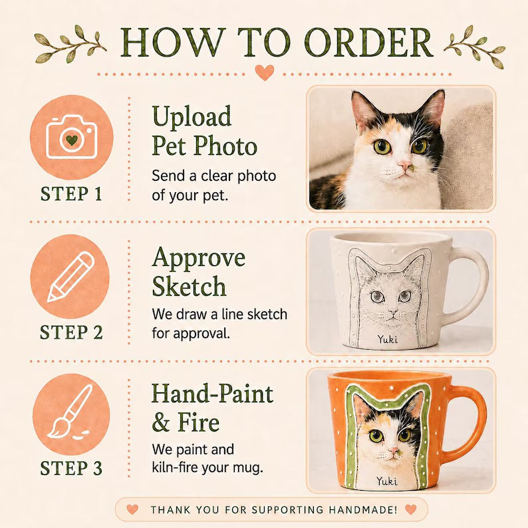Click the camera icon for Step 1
(x=71, y=137)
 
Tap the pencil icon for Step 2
(x=70, y=277)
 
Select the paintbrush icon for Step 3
(x=70, y=412)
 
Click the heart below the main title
(x=265, y=72)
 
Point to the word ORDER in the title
(x=368, y=43)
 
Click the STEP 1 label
(x=71, y=194)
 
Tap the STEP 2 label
(x=71, y=332)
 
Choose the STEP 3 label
(x=71, y=468)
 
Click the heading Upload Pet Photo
(x=204, y=130)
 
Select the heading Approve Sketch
(x=198, y=271)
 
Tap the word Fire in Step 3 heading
(x=199, y=422)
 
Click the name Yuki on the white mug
(x=388, y=339)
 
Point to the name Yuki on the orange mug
(x=386, y=481)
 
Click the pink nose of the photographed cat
(x=404, y=165)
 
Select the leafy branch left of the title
(x=70, y=44)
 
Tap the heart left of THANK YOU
(x=132, y=509)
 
